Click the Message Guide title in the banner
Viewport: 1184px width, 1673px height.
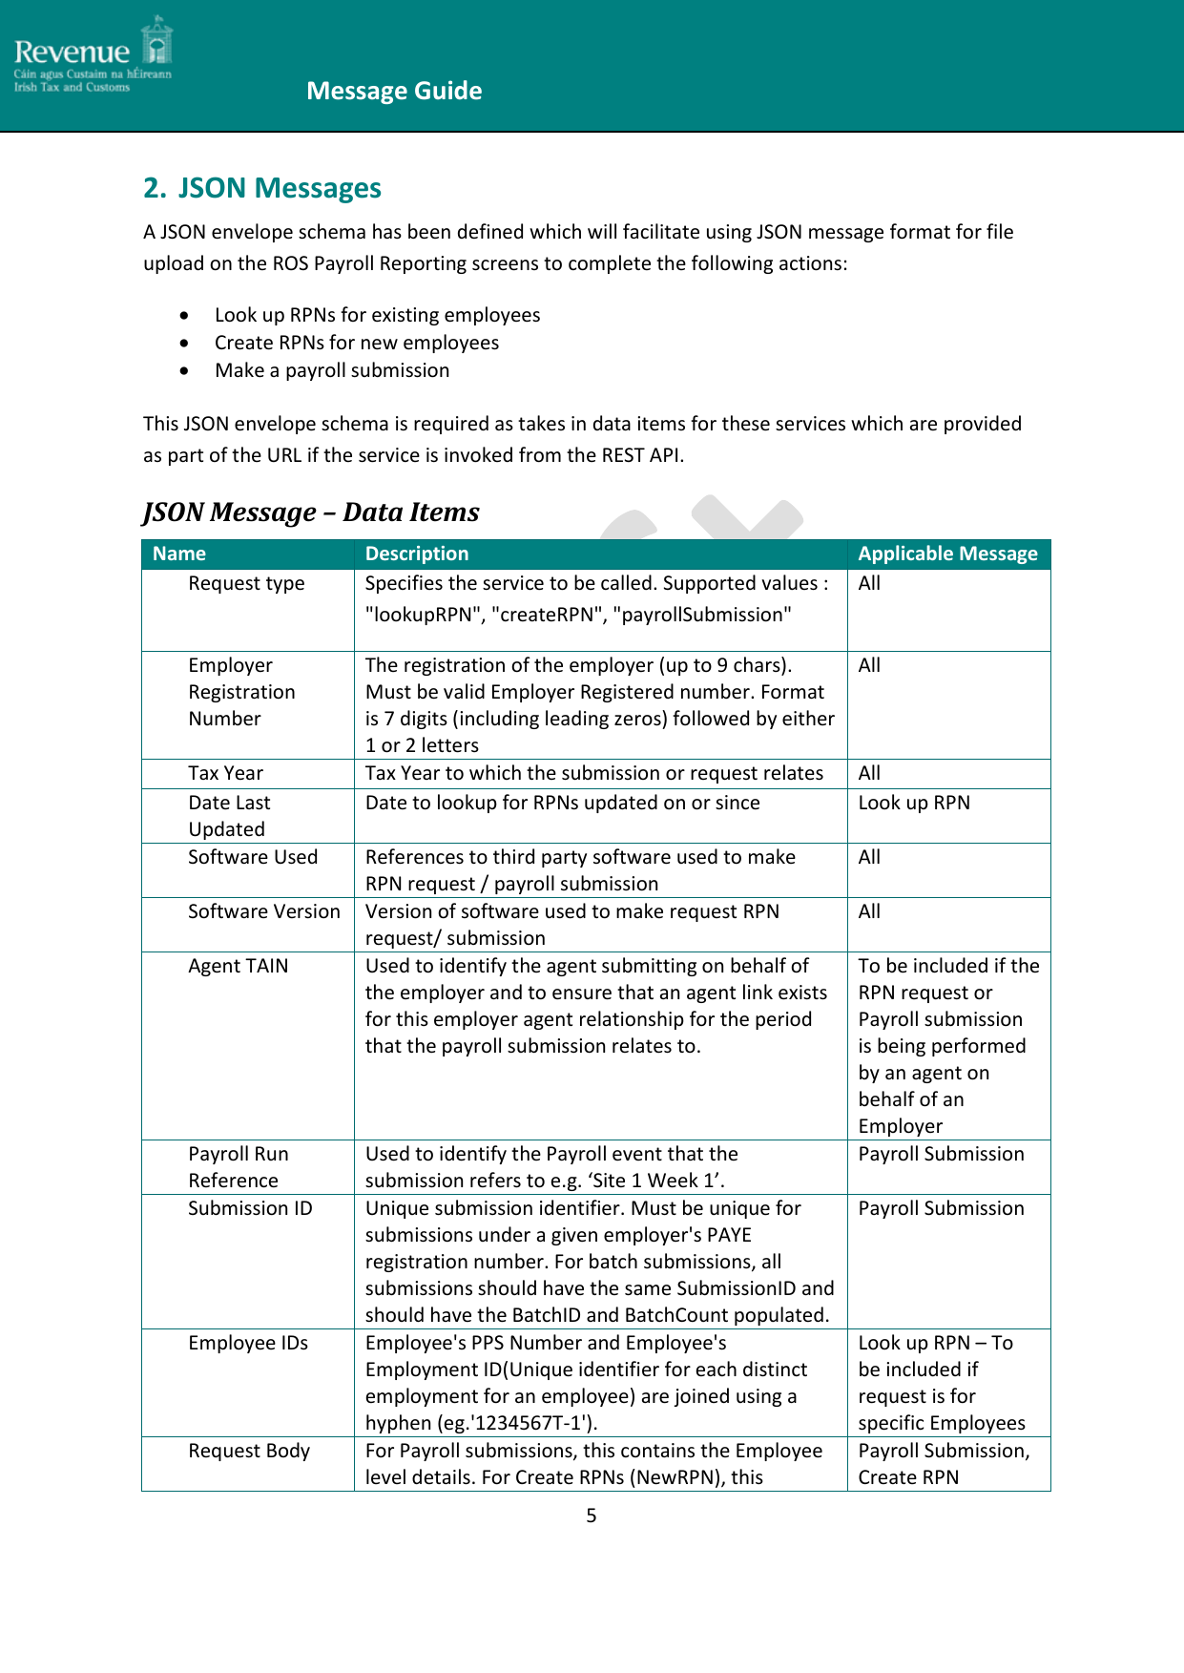click(x=394, y=91)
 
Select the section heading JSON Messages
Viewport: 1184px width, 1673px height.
click(x=262, y=188)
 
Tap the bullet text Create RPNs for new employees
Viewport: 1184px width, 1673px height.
click(x=356, y=343)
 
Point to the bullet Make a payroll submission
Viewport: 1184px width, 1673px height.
click(x=331, y=370)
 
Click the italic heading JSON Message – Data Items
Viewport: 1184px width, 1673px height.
click(x=311, y=512)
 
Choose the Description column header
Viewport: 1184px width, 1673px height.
click(x=417, y=554)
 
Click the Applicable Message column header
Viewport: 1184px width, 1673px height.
click(x=947, y=554)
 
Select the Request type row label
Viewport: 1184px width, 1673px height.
click(x=246, y=583)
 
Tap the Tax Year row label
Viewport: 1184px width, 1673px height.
click(x=225, y=773)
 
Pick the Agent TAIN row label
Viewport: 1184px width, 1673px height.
click(x=238, y=966)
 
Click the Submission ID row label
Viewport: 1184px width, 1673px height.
click(x=250, y=1208)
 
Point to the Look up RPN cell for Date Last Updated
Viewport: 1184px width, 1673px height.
click(x=913, y=803)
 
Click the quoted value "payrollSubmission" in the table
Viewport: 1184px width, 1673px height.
click(x=705, y=615)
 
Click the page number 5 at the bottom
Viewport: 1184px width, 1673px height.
click(x=592, y=1516)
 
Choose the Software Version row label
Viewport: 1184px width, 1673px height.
click(x=263, y=911)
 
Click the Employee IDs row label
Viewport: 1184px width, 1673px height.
click(x=248, y=1343)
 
